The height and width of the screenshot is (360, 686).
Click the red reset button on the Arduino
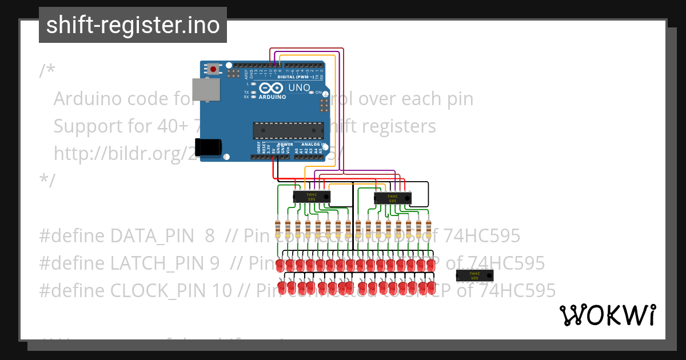[x=213, y=69]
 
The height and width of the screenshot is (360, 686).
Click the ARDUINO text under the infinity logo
[x=273, y=97]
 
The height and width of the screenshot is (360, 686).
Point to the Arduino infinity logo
[x=272, y=88]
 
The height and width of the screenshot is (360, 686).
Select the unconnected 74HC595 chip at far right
[x=474, y=275]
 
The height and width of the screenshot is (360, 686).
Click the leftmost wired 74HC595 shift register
[x=312, y=197]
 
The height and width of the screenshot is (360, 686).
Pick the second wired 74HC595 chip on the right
[x=392, y=198]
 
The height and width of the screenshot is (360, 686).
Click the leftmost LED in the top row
[x=280, y=265]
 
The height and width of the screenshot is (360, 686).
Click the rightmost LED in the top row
[x=430, y=265]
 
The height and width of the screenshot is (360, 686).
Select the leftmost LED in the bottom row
[x=281, y=286]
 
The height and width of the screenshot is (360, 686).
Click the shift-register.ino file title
[x=133, y=25]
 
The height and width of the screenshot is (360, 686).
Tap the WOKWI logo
[x=607, y=315]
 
